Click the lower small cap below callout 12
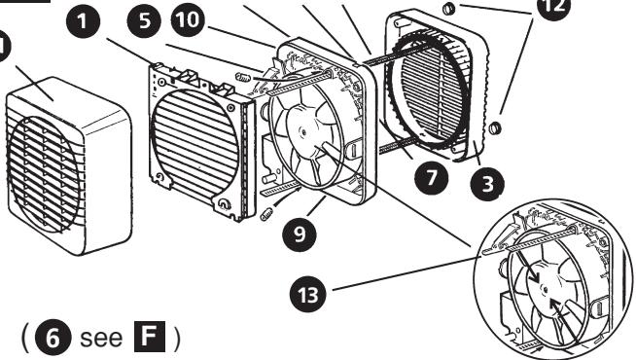[496, 127]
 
